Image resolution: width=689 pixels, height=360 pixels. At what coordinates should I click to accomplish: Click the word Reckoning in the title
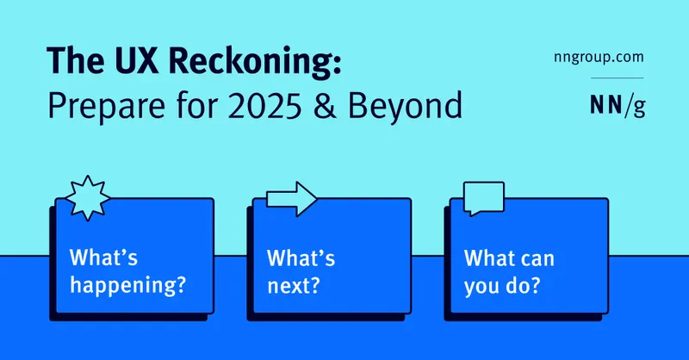pyautogui.click(x=254, y=61)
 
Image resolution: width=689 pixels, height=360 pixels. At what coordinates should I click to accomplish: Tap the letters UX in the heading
pyautogui.click(x=136, y=59)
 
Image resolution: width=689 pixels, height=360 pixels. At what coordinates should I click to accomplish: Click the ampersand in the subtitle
pyautogui.click(x=326, y=105)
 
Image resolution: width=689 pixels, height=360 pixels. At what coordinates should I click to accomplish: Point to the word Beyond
pyautogui.click(x=405, y=108)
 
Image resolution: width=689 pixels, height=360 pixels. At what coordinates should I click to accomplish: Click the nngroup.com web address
pyautogui.click(x=599, y=58)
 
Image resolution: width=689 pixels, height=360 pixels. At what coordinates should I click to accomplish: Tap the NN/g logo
pyautogui.click(x=618, y=105)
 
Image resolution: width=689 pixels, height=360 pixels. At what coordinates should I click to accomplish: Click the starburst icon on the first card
pyautogui.click(x=88, y=198)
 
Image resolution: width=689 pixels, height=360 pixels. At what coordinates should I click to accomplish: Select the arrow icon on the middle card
pyautogui.click(x=291, y=199)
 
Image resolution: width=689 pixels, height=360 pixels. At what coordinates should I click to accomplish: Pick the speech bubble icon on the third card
pyautogui.click(x=484, y=198)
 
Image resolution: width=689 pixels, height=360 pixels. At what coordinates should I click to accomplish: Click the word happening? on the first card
pyautogui.click(x=127, y=286)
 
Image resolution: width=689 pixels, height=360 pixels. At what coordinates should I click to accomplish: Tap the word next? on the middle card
pyautogui.click(x=293, y=286)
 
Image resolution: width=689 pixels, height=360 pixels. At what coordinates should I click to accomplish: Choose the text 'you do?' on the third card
pyautogui.click(x=501, y=286)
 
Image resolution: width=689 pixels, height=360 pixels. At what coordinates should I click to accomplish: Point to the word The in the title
pyautogui.click(x=75, y=59)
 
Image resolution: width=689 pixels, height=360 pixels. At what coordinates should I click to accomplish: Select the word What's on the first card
pyautogui.click(x=103, y=258)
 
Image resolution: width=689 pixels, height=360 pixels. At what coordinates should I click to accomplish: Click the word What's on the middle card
pyautogui.click(x=301, y=258)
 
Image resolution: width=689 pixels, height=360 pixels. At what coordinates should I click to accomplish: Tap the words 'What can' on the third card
pyautogui.click(x=509, y=258)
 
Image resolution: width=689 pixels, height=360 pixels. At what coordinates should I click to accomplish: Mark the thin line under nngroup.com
pyautogui.click(x=617, y=78)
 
